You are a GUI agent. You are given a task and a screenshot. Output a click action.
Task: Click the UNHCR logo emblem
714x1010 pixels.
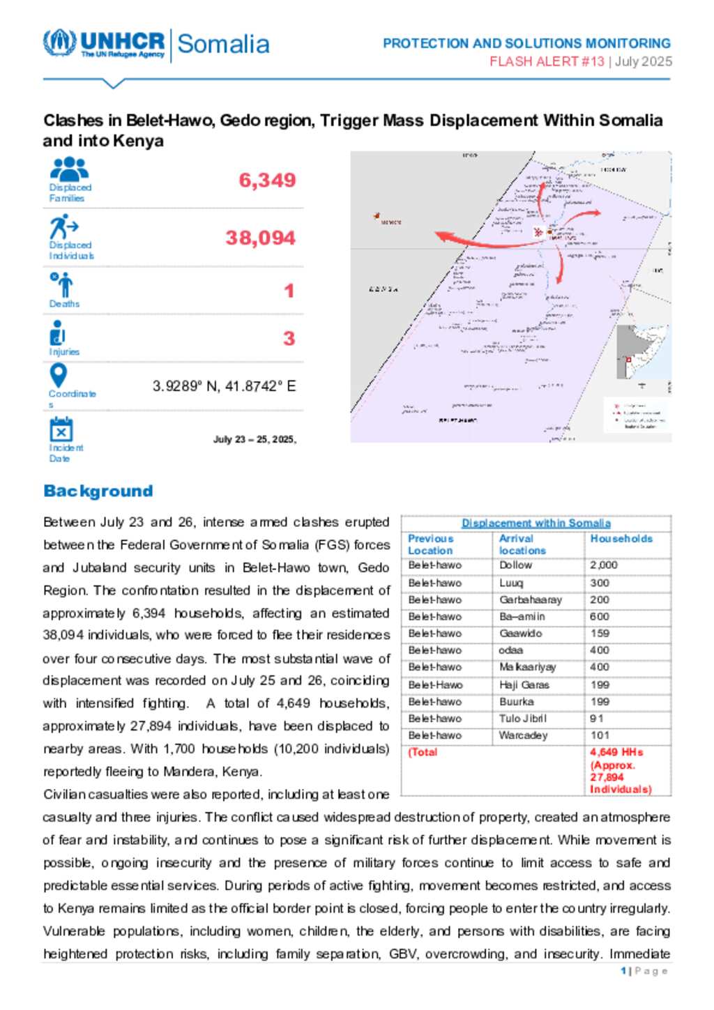coord(60,43)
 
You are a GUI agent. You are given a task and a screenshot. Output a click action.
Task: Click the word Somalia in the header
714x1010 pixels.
coord(223,44)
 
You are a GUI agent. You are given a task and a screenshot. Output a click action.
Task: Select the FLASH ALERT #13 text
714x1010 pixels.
coord(547,61)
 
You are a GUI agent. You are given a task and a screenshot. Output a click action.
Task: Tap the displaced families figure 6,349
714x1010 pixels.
coord(267,181)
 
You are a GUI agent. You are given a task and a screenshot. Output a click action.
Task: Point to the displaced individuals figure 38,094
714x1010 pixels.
coord(260,238)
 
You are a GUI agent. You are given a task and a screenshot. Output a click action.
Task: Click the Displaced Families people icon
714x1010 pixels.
coord(69,169)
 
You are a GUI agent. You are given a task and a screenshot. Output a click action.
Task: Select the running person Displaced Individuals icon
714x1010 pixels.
coord(63,227)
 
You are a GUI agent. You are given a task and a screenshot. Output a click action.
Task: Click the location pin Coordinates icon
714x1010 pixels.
coord(59,376)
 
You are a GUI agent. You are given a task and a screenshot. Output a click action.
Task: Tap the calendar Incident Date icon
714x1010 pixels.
coord(61,429)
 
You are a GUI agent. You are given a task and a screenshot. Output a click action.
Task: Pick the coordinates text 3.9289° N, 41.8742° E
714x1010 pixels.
coord(224,386)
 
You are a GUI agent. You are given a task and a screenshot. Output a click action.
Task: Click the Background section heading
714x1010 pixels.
coord(98,491)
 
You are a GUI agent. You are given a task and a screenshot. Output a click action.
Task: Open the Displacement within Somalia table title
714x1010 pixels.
coord(535,523)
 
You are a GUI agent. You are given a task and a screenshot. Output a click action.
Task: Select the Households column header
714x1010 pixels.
coord(621,539)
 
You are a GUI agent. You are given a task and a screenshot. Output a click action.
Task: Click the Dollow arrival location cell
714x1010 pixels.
coord(515,565)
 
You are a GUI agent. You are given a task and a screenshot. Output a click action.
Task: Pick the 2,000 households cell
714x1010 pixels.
coord(603,565)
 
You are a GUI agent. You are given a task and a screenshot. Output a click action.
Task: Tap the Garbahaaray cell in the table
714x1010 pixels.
coord(530,599)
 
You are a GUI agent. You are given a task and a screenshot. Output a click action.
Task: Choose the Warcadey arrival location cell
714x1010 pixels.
coord(523,735)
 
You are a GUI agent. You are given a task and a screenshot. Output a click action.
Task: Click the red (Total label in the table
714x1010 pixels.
coord(423,752)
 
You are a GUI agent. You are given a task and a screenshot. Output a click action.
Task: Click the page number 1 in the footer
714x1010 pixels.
coord(623,971)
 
